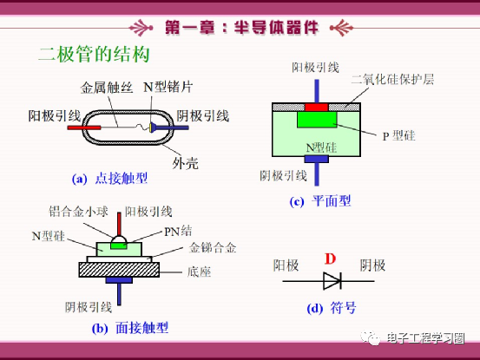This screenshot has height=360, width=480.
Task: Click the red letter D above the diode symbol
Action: (x=331, y=259)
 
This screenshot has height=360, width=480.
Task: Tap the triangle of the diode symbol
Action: (x=332, y=281)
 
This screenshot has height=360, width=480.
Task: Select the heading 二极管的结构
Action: (x=95, y=54)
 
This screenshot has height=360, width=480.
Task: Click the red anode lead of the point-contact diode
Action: (x=84, y=128)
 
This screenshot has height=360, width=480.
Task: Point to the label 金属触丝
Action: (x=107, y=88)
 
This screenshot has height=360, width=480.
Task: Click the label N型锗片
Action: (x=168, y=87)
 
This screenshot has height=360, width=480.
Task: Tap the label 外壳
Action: (x=186, y=164)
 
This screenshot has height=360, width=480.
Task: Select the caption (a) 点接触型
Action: (x=109, y=179)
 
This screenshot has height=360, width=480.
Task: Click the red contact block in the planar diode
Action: (x=317, y=107)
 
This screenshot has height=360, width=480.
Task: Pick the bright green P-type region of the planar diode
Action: (x=317, y=120)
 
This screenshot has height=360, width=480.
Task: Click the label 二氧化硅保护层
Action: (x=392, y=79)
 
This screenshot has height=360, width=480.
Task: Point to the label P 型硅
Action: (x=399, y=135)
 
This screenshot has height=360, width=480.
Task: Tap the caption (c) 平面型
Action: (x=320, y=201)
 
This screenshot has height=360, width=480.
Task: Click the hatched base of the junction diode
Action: (x=119, y=270)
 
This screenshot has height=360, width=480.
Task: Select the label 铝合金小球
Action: (x=79, y=212)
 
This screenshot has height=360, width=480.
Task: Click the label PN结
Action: (x=178, y=231)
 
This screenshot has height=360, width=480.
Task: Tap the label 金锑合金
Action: (x=213, y=247)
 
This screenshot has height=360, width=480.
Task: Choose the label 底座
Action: (x=199, y=272)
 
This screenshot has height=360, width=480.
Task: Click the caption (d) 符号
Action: (x=332, y=308)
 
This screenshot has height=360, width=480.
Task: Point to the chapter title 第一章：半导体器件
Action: (x=242, y=28)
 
